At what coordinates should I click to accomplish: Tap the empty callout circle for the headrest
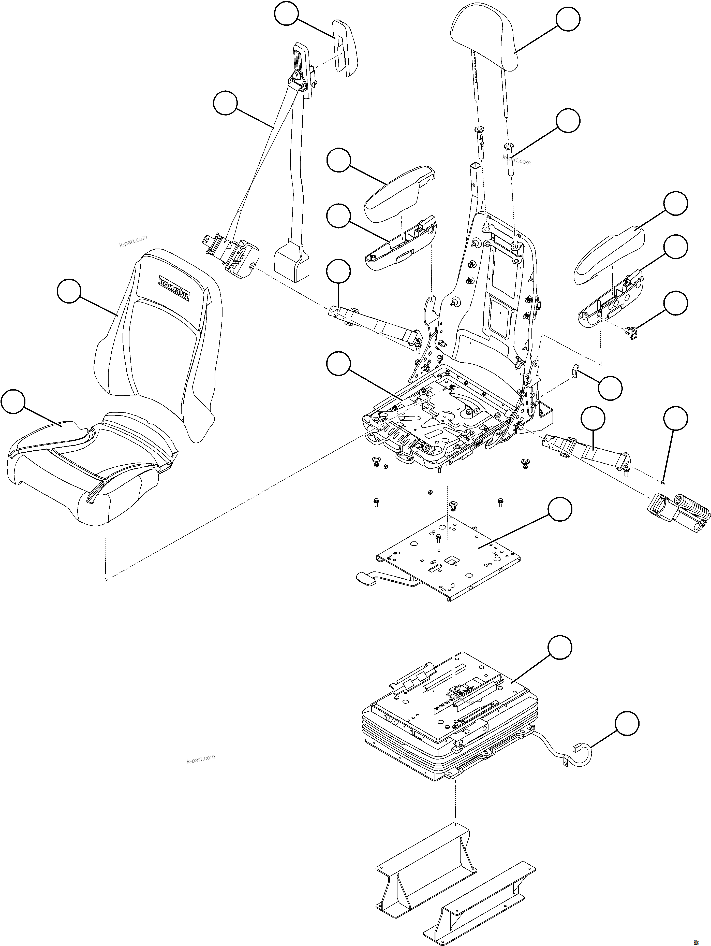point(568,20)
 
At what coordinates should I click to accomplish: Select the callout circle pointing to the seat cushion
point(13,401)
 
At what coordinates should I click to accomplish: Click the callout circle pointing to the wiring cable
point(627,724)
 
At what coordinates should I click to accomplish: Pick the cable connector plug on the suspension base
point(577,748)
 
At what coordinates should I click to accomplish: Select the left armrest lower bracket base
point(400,244)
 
